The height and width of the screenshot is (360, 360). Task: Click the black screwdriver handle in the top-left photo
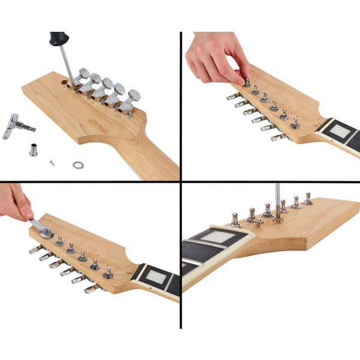[x=59, y=39]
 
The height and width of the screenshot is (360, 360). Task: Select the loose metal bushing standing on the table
[x=34, y=149]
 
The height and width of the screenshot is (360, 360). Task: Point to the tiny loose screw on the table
[x=53, y=161]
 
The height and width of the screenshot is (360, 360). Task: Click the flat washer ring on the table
[x=78, y=164]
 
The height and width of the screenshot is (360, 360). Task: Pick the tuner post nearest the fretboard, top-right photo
[x=295, y=123]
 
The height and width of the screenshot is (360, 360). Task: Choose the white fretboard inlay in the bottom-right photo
[x=217, y=237]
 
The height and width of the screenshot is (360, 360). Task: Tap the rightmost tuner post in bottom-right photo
[x=308, y=199]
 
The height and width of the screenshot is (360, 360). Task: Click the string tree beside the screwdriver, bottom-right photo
[x=259, y=223]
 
